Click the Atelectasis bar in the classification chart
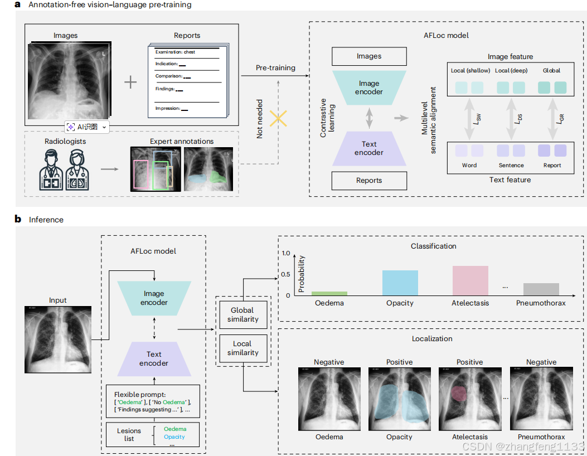[470, 280]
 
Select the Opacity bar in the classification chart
[400, 283]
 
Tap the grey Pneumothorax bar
[541, 289]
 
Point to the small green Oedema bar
[329, 294]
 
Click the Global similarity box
[243, 314]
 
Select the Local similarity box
[243, 348]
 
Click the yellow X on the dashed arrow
[278, 118]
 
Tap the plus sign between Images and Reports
[130, 82]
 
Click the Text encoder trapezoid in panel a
[369, 148]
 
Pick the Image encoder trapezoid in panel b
[154, 298]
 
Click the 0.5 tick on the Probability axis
[285, 274]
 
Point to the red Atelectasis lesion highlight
[459, 394]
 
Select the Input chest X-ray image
[58, 339]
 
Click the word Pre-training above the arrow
[275, 68]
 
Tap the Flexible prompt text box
[153, 401]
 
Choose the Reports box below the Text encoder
[369, 181]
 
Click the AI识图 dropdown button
[87, 127]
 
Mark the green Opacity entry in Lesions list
[174, 437]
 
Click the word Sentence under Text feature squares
[511, 165]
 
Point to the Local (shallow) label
[470, 70]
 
